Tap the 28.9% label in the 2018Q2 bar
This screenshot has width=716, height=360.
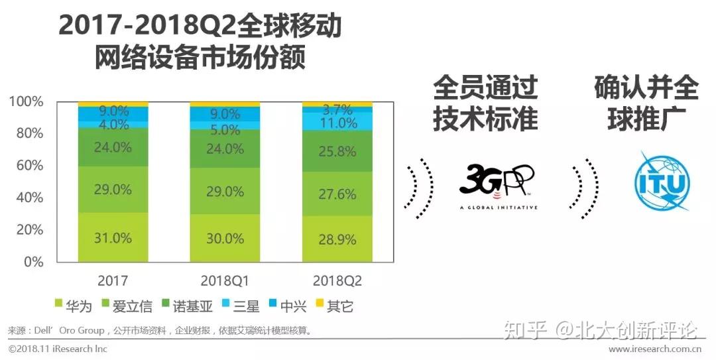[x=337, y=239]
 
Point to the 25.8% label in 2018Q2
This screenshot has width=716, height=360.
[x=337, y=152]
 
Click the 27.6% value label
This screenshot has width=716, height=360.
[x=337, y=194]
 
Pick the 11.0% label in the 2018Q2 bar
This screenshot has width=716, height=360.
[x=337, y=123]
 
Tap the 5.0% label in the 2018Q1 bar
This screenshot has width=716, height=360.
[x=225, y=130]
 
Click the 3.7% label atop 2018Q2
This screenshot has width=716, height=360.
[x=337, y=110]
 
